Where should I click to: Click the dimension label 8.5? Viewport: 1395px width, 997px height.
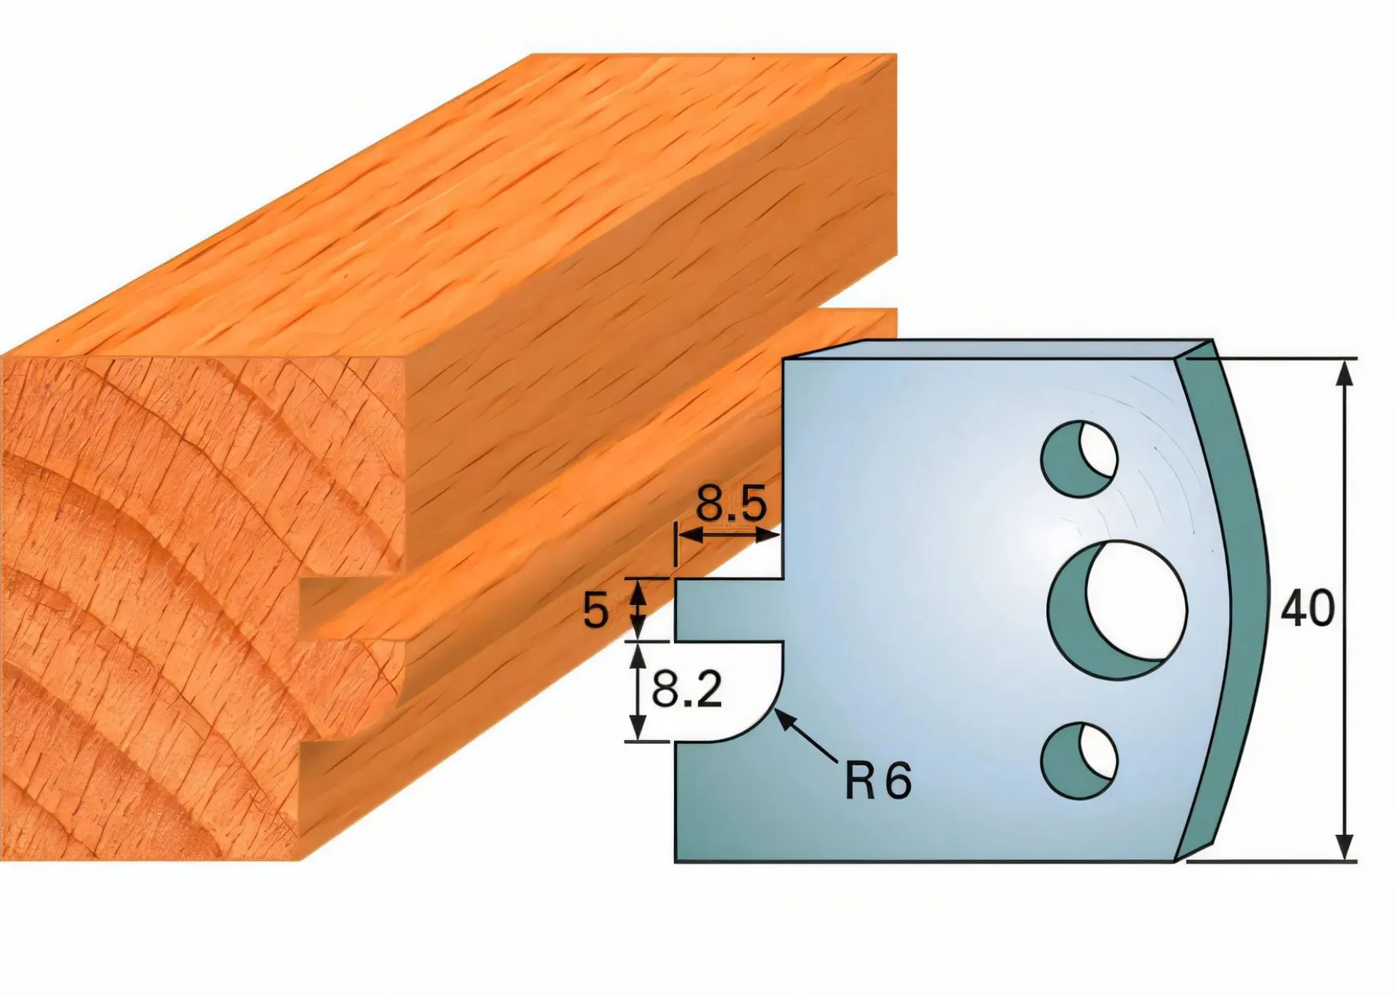(x=731, y=504)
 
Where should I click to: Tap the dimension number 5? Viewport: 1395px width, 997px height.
(x=596, y=611)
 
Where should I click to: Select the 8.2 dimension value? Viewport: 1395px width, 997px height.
(x=687, y=690)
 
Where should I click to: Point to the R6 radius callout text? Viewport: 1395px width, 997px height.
(x=878, y=781)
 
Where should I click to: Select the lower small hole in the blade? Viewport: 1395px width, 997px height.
(x=1079, y=761)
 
